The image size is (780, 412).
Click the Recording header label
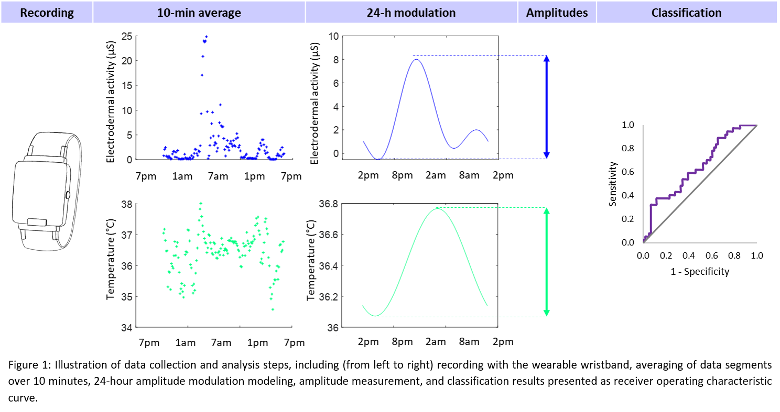pos(47,13)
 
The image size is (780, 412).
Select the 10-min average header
pos(199,13)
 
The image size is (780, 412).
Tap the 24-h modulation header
pos(411,13)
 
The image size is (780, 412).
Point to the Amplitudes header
pos(557,13)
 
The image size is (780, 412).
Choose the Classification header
pos(686,13)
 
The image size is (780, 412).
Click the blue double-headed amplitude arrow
pos(546,107)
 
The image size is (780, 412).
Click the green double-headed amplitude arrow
pos(546,262)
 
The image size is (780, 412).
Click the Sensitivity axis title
pos(613,184)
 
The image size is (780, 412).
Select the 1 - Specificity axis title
pos(700,272)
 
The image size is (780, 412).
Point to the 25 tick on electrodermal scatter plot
pos(126,36)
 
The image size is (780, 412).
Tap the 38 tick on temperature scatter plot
pos(126,204)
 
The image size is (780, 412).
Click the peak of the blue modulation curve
pos(417,59)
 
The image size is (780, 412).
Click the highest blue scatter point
pos(207,37)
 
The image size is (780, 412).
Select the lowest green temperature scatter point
pos(273,309)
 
